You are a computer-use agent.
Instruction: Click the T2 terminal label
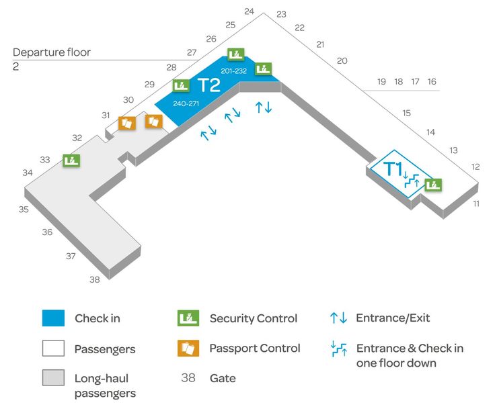(x=208, y=85)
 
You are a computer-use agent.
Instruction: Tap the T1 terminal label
(x=393, y=169)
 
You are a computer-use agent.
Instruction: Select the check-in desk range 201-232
(x=233, y=71)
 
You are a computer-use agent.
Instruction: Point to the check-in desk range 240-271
(x=186, y=103)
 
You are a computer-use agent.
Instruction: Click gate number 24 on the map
(x=249, y=11)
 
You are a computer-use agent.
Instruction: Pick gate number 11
(x=476, y=203)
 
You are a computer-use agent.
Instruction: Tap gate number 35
(x=24, y=210)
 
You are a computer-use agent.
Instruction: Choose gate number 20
(x=342, y=60)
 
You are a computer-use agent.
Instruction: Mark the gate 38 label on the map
(x=95, y=279)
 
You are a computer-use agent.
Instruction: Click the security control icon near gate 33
(x=71, y=160)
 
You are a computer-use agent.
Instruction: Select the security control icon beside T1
(x=433, y=185)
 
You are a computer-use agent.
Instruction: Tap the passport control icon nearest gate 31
(x=127, y=123)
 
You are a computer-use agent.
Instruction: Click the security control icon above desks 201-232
(x=236, y=54)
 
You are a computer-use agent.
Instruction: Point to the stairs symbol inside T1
(x=411, y=180)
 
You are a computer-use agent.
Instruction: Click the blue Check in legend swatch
(x=53, y=318)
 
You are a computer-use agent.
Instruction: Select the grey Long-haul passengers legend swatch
(x=53, y=377)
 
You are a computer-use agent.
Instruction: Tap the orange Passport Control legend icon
(x=188, y=348)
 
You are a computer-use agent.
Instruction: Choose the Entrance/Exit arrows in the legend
(x=338, y=318)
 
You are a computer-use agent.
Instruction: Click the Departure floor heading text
(x=52, y=52)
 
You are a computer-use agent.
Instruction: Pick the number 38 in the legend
(x=188, y=377)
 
